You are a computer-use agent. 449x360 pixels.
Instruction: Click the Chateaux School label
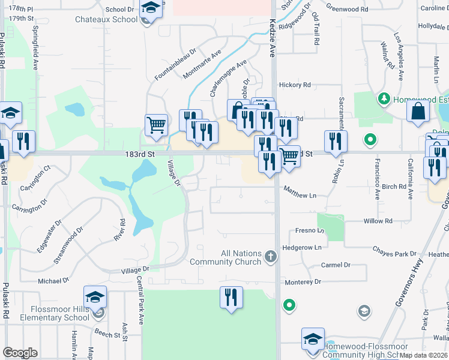click(x=106, y=19)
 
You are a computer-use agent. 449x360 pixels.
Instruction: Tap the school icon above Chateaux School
click(x=151, y=8)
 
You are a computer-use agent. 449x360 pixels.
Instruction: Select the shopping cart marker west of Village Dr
click(x=156, y=125)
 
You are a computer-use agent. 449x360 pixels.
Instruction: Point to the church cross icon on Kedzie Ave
click(x=271, y=257)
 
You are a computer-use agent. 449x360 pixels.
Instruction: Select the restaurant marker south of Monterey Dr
click(x=231, y=297)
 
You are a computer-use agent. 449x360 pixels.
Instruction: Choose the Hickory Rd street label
click(x=298, y=85)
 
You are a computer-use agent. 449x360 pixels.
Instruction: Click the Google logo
click(x=20, y=352)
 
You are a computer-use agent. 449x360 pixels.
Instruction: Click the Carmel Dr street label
click(x=336, y=265)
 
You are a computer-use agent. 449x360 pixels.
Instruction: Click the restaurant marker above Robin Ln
click(x=336, y=140)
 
